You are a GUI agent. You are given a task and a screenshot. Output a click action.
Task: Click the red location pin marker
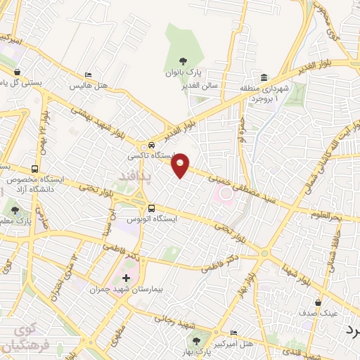(x=181, y=165)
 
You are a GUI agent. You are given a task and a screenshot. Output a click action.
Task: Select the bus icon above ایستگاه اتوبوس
(x=152, y=207)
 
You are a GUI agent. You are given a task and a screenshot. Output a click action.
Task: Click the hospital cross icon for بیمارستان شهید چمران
(x=126, y=278)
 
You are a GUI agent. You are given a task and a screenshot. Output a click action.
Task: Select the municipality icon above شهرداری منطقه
(x=264, y=77)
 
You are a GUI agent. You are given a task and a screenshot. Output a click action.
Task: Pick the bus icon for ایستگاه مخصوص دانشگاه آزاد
(x=34, y=169)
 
